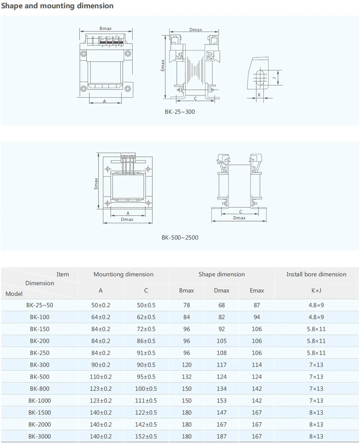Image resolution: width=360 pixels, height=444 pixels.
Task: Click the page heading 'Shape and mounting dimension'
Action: (57, 6)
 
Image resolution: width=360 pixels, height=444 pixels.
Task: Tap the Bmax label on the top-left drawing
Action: (105, 29)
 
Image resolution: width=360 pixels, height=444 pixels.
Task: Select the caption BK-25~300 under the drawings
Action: (180, 112)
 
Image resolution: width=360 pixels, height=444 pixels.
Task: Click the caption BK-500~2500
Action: (180, 237)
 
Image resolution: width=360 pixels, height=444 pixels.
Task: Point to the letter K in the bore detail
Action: (259, 95)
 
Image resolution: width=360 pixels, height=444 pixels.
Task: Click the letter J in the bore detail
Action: (274, 78)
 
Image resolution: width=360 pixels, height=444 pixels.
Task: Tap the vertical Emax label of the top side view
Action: (163, 65)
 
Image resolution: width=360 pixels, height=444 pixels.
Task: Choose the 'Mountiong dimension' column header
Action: (123, 274)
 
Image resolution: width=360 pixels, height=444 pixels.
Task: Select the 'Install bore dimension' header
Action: (316, 274)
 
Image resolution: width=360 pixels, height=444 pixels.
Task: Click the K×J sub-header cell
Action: (316, 291)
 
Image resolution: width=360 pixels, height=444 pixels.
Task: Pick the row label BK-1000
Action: (39, 400)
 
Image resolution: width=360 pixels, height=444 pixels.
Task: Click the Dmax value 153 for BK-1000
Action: (222, 400)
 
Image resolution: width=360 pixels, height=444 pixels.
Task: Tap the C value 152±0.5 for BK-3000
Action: (146, 436)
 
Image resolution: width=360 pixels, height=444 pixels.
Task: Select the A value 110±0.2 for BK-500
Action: (101, 377)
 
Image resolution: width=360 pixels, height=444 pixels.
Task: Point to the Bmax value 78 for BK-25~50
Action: (187, 305)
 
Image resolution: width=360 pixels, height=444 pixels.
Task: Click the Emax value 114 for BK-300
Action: (257, 365)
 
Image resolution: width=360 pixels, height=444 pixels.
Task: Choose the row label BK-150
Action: (39, 329)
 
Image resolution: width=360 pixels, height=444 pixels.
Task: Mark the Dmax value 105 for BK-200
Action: (222, 341)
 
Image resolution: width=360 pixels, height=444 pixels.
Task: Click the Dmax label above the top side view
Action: (196, 30)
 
